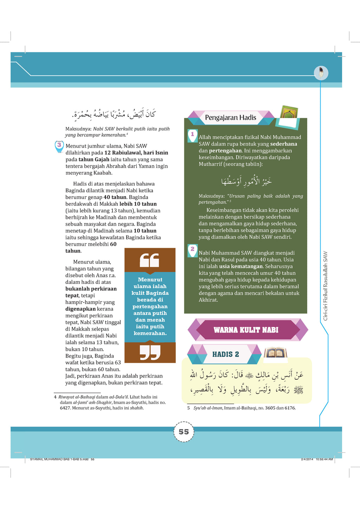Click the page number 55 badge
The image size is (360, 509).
click(184, 432)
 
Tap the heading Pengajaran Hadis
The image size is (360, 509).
click(231, 117)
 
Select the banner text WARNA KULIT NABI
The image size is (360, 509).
click(246, 330)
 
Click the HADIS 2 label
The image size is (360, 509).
click(225, 354)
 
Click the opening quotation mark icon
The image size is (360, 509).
click(150, 260)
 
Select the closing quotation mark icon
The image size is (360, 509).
click(150, 352)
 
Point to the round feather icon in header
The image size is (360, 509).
click(321, 73)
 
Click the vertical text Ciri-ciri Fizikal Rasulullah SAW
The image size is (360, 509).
click(325, 286)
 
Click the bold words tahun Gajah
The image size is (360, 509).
click(94, 160)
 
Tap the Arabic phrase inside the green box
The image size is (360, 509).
click(246, 181)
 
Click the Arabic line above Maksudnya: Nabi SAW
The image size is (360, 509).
click(114, 114)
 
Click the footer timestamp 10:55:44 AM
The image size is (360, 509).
click(324, 459)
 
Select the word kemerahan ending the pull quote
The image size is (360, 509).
click(150, 333)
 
